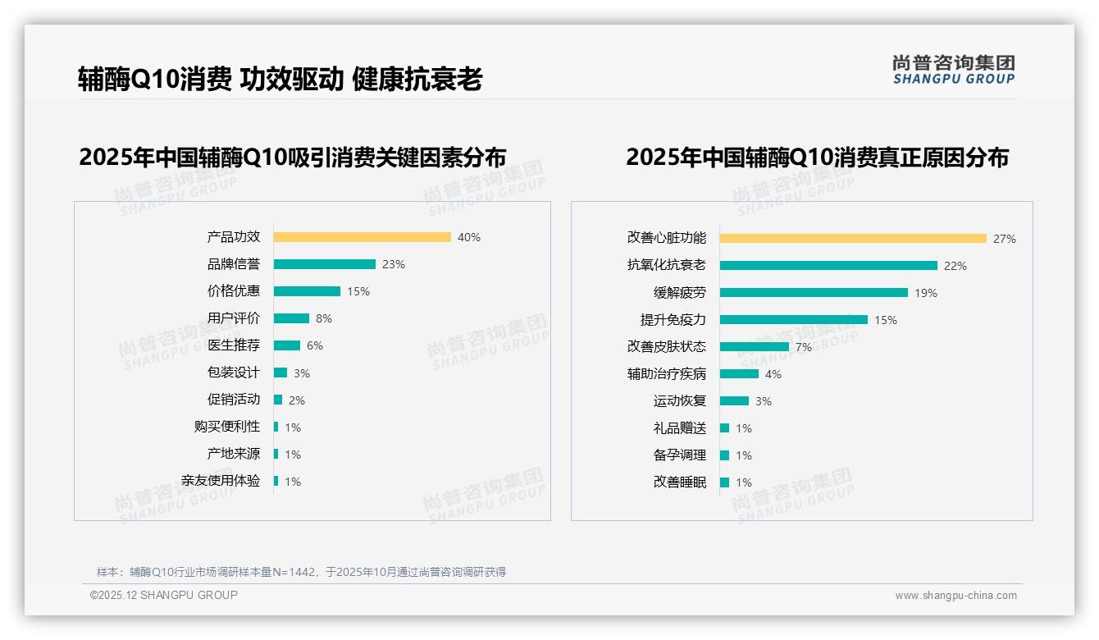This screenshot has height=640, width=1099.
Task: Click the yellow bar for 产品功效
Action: coord(362,237)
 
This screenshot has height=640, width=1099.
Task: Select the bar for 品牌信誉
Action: coord(324,264)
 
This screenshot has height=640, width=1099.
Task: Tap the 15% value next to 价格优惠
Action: coord(358,291)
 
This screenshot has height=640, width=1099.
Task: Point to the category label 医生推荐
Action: coord(234,345)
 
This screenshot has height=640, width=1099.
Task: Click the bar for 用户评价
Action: coord(291,318)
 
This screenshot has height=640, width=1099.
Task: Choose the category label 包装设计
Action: coord(234,373)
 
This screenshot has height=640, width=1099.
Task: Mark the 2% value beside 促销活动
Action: coord(297,400)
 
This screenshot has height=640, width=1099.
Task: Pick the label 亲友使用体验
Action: coord(221,481)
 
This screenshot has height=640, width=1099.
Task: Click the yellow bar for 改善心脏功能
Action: coord(853,239)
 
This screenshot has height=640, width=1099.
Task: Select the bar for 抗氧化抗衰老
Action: coord(828,266)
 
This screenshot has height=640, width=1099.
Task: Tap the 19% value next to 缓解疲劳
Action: coord(926,293)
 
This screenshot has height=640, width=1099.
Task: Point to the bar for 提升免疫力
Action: coord(793,320)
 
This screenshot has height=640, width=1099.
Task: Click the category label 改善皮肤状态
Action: coord(667,347)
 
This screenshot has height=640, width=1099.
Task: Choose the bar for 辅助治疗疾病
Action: coord(739,374)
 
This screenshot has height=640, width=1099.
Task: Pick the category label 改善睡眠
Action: coord(680,482)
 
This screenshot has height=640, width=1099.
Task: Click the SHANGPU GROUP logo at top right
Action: coord(954,69)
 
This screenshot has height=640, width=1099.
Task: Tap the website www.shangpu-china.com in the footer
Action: coord(955,596)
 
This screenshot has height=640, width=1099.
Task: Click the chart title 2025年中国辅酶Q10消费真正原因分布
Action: coord(817,157)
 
